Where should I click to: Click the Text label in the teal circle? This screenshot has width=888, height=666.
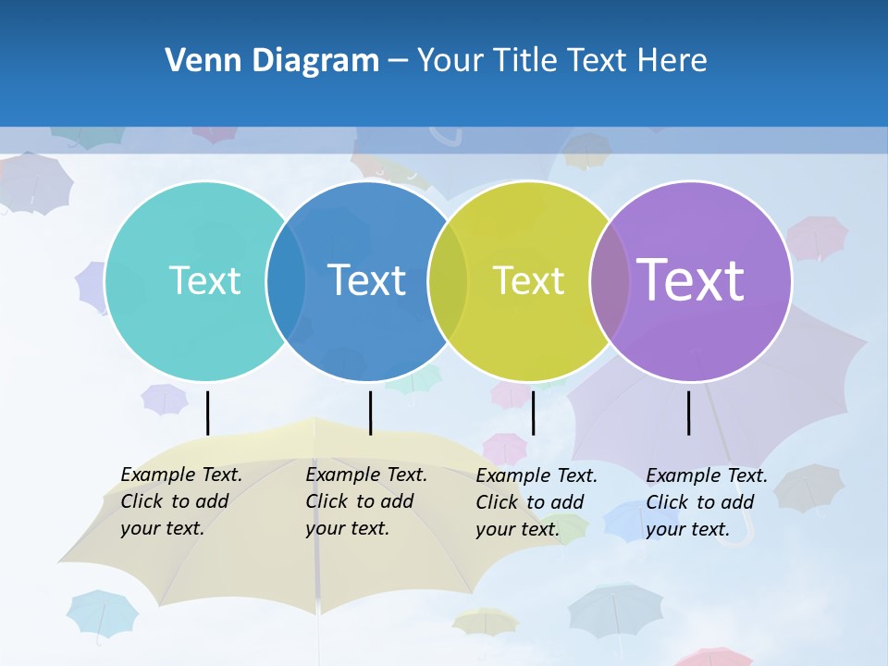[204, 280]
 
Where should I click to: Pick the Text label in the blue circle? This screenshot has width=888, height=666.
[367, 280]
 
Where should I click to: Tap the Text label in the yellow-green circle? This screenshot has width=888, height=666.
[528, 280]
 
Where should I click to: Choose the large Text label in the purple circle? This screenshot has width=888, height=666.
[691, 280]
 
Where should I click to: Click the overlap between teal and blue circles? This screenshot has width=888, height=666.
[286, 281]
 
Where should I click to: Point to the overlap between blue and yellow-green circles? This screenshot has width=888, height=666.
[448, 281]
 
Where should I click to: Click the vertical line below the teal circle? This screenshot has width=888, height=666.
[207, 413]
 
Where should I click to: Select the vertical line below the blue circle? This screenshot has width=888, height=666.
[370, 413]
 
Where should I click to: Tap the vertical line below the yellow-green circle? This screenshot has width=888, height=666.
[533, 413]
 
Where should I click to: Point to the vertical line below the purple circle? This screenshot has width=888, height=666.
[688, 413]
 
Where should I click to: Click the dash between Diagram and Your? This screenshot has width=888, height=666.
[398, 61]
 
